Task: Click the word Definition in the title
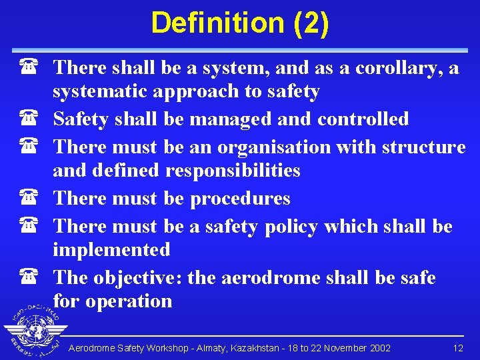coord(218,23)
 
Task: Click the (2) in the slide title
coord(310,23)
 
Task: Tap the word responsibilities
coord(233,171)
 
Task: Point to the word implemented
coord(112,250)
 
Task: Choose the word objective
coord(138,277)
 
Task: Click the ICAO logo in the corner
coord(32,331)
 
